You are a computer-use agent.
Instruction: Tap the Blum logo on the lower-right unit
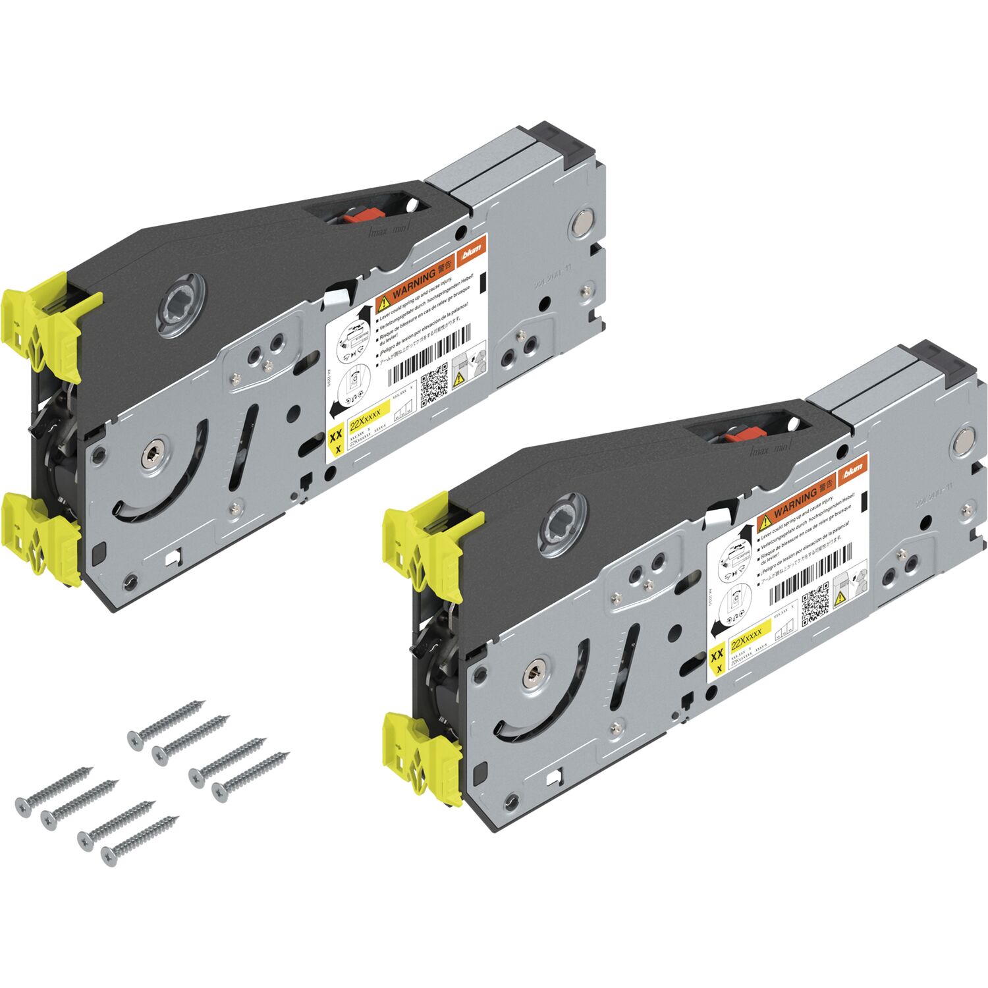click(x=853, y=469)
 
